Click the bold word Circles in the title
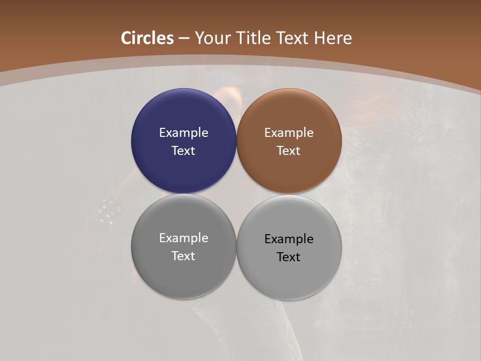click(x=147, y=38)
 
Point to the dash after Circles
click(x=184, y=39)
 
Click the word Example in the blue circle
click(x=183, y=133)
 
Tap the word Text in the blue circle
click(x=183, y=151)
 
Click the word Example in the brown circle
click(x=289, y=133)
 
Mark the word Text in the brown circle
click(x=289, y=151)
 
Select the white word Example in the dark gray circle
click(x=183, y=238)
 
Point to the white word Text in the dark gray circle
click(x=183, y=256)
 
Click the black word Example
click(x=289, y=239)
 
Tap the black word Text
click(x=289, y=257)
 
